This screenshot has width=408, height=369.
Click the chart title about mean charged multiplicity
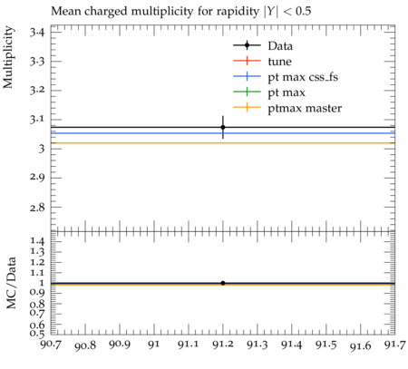[181, 12]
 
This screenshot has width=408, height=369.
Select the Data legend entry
[280, 46]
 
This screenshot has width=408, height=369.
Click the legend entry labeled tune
[279, 62]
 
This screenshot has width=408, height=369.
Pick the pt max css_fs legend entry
[303, 77]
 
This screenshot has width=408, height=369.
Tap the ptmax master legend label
[305, 108]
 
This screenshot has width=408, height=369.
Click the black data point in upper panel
[223, 127]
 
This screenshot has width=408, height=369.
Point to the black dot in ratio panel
[223, 283]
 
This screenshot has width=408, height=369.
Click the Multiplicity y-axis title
[8, 57]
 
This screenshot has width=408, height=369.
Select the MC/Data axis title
[11, 283]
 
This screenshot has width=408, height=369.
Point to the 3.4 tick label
[36, 32]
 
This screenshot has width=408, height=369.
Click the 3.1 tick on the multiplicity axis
[36, 120]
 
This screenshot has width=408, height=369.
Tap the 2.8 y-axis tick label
[36, 208]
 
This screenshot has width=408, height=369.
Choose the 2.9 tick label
[36, 177]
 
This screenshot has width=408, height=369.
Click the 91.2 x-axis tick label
[223, 345]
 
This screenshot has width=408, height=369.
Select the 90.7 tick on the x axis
[51, 345]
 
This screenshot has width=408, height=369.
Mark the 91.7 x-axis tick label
[394, 345]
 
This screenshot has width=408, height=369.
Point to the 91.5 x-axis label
[325, 345]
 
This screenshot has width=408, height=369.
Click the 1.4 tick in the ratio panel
[37, 241]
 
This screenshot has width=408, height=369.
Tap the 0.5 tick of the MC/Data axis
[37, 334]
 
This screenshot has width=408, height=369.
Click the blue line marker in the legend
[247, 76]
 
